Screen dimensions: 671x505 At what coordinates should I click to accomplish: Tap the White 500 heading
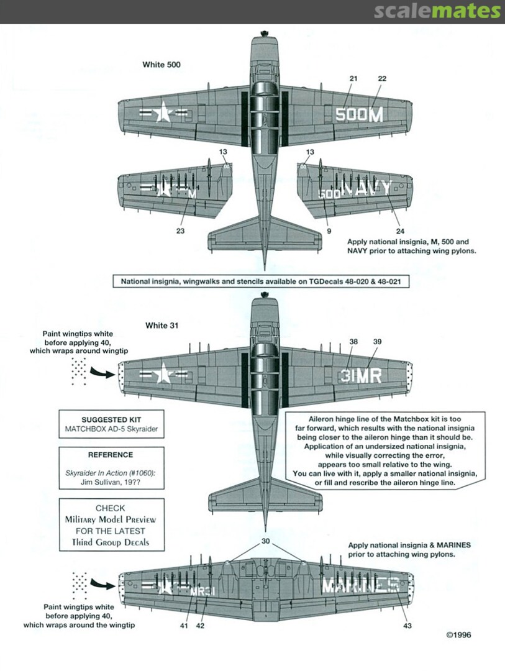pyautogui.click(x=162, y=65)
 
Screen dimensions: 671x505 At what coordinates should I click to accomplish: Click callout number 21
pyautogui.click(x=354, y=79)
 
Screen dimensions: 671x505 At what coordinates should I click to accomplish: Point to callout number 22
pyautogui.click(x=382, y=79)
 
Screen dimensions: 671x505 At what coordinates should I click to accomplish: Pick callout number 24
pyautogui.click(x=398, y=231)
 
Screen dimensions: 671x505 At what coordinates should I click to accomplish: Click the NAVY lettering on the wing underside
pyautogui.click(x=368, y=188)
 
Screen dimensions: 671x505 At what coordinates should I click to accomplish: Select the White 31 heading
pyautogui.click(x=159, y=325)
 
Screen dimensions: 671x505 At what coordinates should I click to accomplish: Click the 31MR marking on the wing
pyautogui.click(x=361, y=375)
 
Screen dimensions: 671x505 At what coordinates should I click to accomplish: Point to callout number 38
pyautogui.click(x=353, y=342)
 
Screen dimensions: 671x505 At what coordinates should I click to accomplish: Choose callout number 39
pyautogui.click(x=377, y=342)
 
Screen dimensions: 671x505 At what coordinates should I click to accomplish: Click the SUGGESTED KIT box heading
pyautogui.click(x=104, y=420)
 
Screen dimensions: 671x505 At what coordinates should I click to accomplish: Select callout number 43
pyautogui.click(x=407, y=626)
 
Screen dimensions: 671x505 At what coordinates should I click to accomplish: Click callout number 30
pyautogui.click(x=266, y=541)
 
